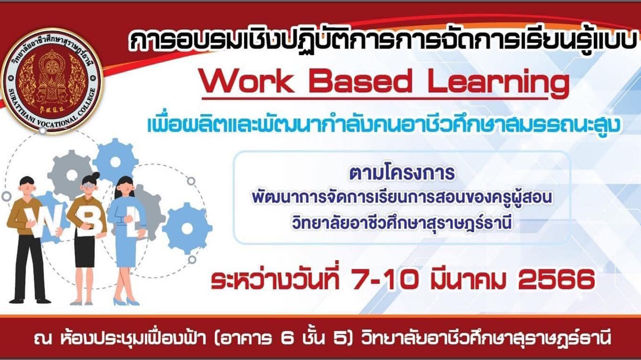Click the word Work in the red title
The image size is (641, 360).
coord(247,82)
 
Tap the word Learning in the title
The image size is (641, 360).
coord(498,83)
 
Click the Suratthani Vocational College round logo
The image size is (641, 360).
coord(51,80)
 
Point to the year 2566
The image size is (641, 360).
coord(557,280)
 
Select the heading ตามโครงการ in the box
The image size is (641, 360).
coord(402,173)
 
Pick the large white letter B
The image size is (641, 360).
coord(87,222)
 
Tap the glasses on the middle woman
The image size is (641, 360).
coord(89,184)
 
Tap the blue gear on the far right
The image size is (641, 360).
coord(187,228)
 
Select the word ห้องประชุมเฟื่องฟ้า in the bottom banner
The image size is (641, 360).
coord(133,339)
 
